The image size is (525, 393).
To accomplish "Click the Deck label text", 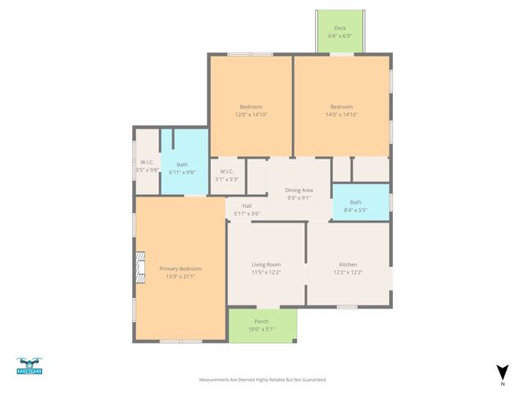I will [x=340, y=28].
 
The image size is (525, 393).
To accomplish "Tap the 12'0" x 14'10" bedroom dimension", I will [x=251, y=115].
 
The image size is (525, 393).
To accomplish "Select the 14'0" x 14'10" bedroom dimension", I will [x=341, y=115].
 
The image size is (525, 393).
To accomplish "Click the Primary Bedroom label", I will [x=180, y=269].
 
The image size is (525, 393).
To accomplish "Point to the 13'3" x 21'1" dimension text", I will [x=180, y=277].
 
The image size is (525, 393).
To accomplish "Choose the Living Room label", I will [x=266, y=264].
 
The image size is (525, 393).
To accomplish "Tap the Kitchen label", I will [x=348, y=264].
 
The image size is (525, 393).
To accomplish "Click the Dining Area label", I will [x=299, y=190].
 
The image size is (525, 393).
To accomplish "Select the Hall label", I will [x=247, y=206].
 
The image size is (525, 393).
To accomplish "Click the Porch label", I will [x=262, y=321].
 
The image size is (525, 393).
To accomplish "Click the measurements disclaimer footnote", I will [x=262, y=380].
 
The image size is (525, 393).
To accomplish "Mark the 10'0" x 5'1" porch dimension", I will [x=262, y=329].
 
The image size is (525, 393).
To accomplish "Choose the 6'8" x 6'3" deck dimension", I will [x=340, y=36].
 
